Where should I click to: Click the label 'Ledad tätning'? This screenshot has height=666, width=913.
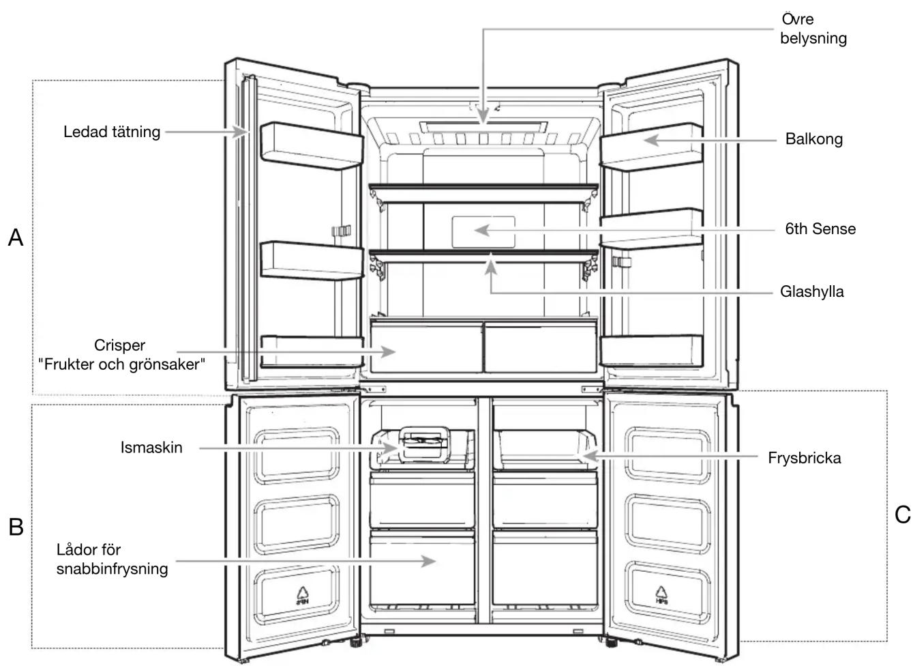click(x=112, y=132)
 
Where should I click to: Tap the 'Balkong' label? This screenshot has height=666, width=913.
click(x=814, y=139)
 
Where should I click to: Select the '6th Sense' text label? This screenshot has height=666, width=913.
click(x=820, y=229)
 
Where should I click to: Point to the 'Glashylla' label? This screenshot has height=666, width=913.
click(x=811, y=291)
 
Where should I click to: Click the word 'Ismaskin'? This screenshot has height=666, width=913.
click(x=151, y=448)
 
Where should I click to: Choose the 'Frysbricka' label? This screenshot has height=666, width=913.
click(x=804, y=458)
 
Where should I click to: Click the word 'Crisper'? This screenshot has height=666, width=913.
click(x=119, y=345)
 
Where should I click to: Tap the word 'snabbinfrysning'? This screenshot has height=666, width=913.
click(x=112, y=568)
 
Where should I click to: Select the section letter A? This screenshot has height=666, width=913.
click(x=16, y=237)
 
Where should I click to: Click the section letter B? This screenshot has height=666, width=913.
click(x=16, y=527)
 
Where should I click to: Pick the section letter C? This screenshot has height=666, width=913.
click(x=902, y=515)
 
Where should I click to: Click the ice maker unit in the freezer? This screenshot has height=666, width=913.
click(x=424, y=444)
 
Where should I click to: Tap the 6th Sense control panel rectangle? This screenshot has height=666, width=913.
click(x=483, y=232)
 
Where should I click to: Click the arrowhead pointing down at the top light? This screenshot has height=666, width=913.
click(x=483, y=116)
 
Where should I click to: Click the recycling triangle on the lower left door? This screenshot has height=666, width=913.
click(x=303, y=595)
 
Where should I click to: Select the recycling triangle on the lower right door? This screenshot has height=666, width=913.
click(x=661, y=595)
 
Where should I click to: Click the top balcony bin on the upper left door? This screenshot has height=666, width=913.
click(x=312, y=145)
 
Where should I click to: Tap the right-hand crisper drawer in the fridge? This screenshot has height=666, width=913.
click(x=541, y=347)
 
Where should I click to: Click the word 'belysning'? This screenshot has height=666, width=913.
click(x=813, y=38)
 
